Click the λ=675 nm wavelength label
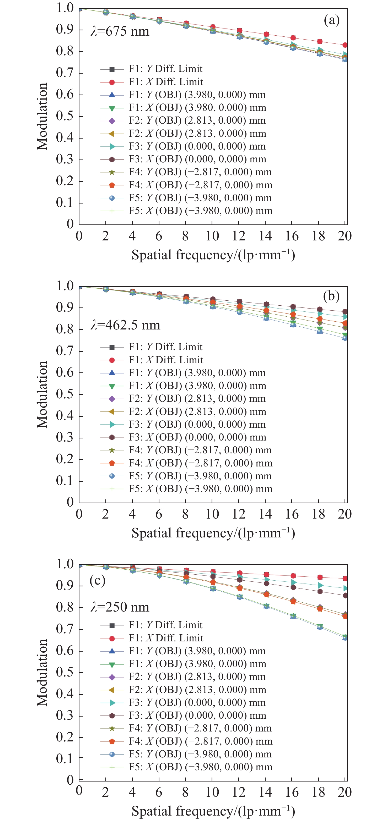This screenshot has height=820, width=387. tap(120, 31)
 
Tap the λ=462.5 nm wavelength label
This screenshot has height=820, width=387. tap(125, 325)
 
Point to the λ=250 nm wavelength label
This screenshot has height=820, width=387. tap(120, 607)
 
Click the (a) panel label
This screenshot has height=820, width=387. tap(331, 20)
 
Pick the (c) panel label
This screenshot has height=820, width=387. tap(98, 581)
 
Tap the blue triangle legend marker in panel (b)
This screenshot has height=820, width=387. tap(112, 372)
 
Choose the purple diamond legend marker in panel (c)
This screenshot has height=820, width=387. tap(112, 676)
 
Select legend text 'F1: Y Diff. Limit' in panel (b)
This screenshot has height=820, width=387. tap(165, 347)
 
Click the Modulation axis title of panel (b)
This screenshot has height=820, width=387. tap(42, 394)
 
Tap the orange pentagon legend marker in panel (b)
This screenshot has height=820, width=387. tap(112, 463)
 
